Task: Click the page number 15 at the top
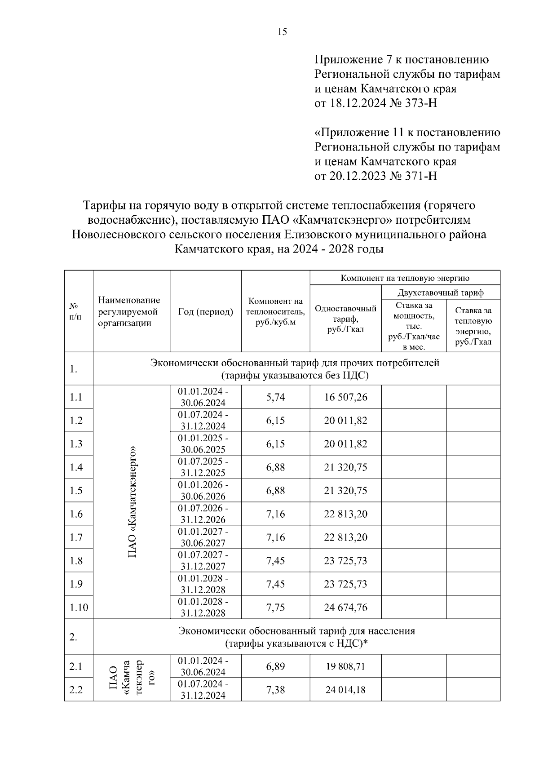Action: tap(282, 32)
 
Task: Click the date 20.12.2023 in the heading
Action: tap(357, 176)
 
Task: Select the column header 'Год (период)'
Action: tap(205, 311)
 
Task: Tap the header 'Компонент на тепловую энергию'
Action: tap(405, 278)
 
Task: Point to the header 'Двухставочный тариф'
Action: tap(440, 293)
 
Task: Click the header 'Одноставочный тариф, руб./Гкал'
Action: tap(345, 319)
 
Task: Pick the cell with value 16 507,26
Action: tap(345, 397)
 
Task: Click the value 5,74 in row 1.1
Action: tap(275, 397)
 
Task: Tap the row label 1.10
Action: tap(79, 608)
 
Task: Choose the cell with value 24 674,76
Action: tap(345, 608)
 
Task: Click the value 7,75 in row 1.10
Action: tap(275, 608)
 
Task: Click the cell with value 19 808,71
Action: tap(345, 666)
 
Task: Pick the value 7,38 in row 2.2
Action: tap(275, 690)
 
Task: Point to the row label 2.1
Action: tap(76, 666)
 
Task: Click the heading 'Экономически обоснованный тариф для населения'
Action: tap(296, 631)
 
